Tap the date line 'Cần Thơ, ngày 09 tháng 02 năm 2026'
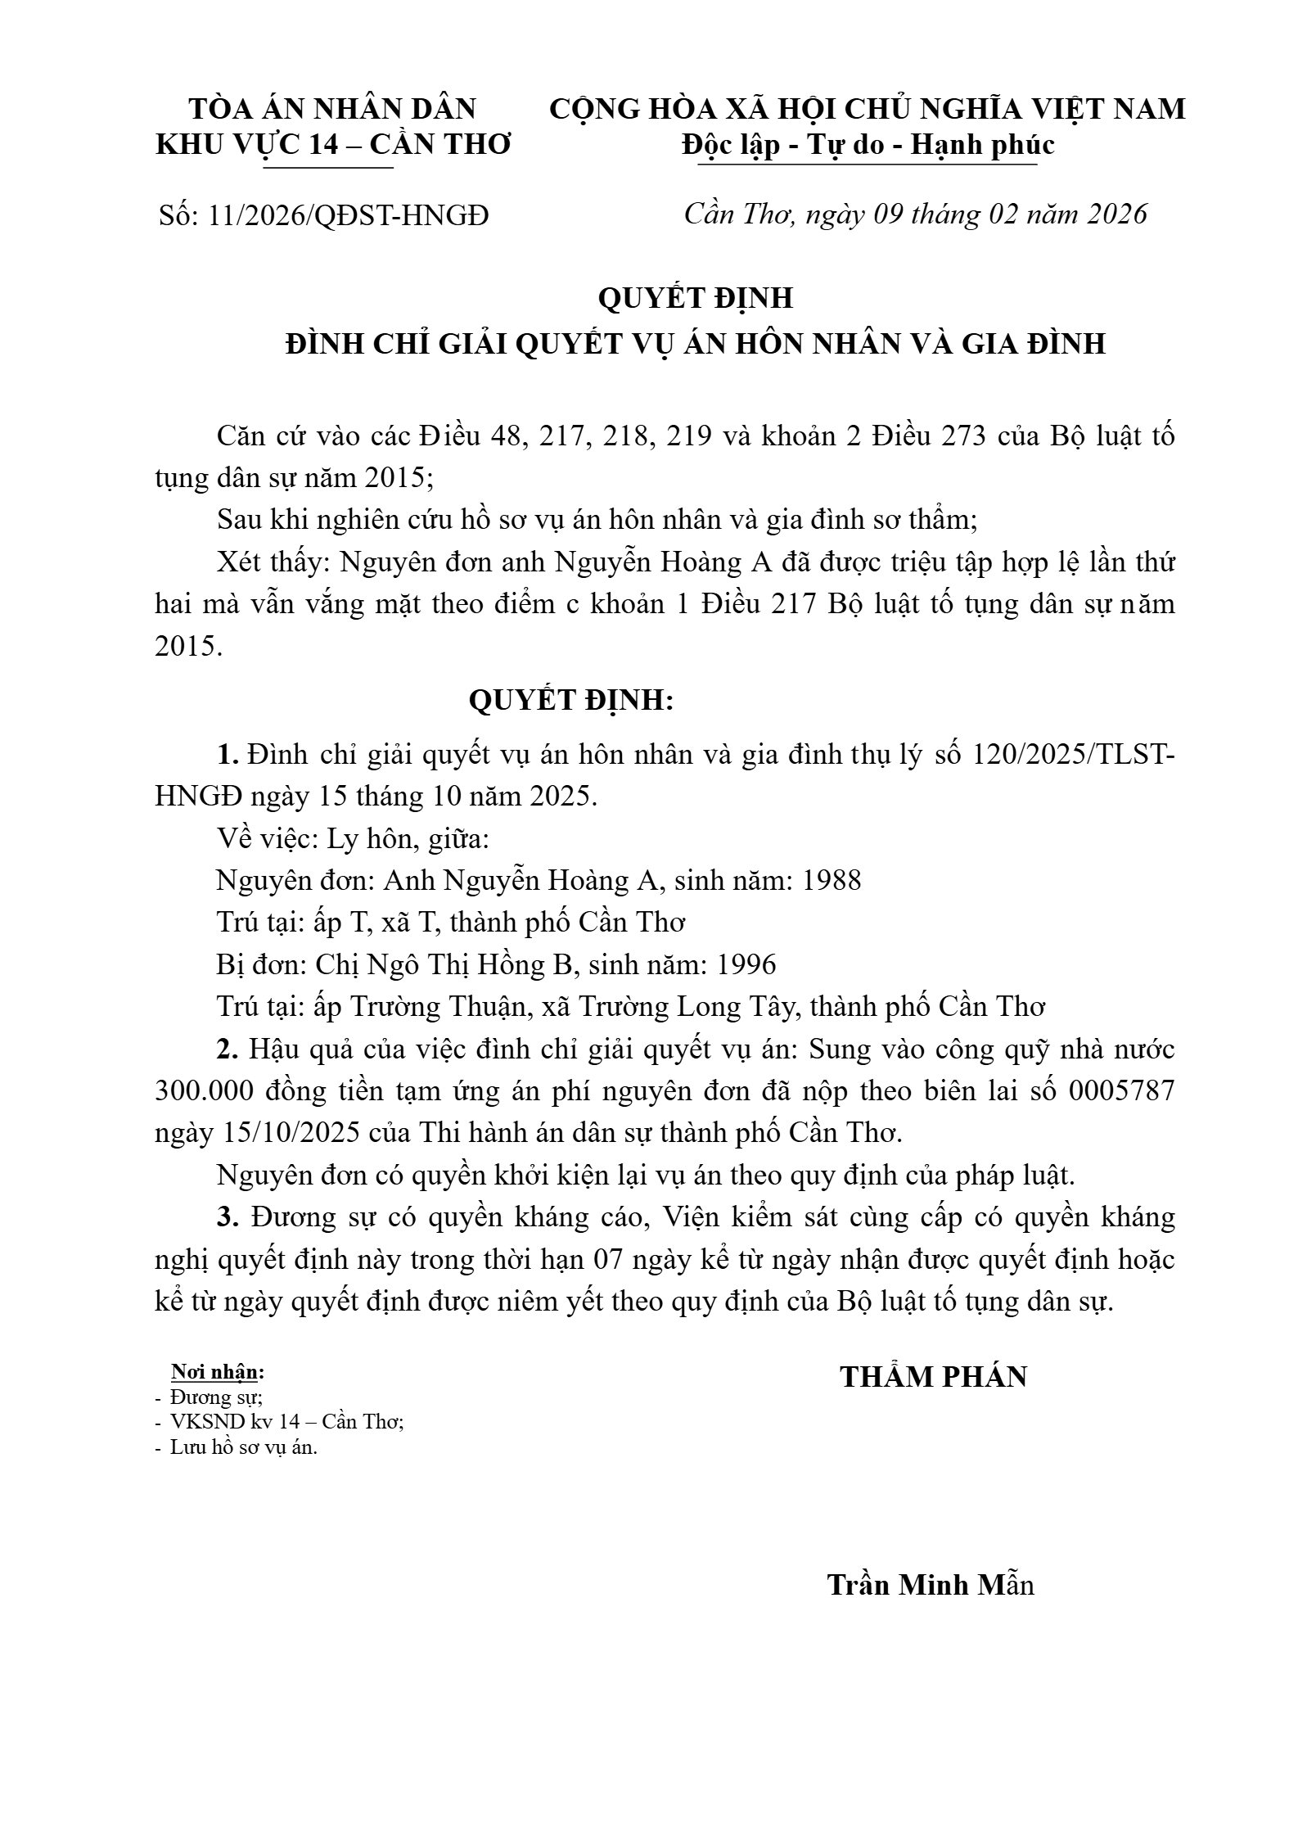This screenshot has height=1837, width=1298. tap(915, 214)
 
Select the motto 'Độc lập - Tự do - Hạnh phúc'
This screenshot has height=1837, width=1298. tap(868, 145)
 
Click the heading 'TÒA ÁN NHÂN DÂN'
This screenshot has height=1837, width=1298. tap(332, 109)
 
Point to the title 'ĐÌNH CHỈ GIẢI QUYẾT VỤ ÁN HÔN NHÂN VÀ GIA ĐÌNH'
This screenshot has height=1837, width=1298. tap(696, 344)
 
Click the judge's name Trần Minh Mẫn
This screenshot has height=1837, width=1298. tap(931, 1584)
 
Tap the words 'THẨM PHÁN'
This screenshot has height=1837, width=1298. tap(933, 1377)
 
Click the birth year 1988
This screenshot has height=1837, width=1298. tap(832, 880)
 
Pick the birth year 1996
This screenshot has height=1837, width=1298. tap(746, 964)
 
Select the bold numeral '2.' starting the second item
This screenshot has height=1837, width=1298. tap(228, 1049)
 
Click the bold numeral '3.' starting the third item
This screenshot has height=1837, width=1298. tap(228, 1217)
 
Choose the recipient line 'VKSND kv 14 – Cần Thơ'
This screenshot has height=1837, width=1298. tap(286, 1421)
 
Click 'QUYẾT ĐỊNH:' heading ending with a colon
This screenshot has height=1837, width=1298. tap(570, 701)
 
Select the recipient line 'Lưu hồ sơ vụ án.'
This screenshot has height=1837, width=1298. tap(243, 1447)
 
